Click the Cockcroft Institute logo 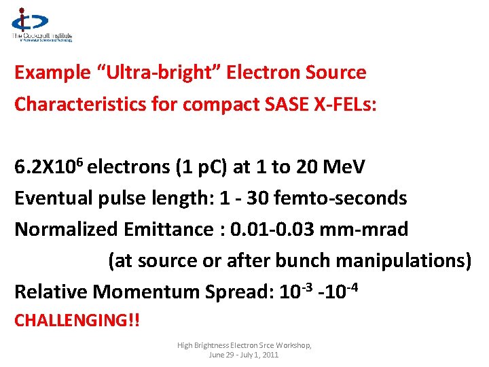pyautogui.click(x=41, y=26)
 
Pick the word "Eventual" pyautogui.click(x=56, y=198)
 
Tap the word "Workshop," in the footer pyautogui.click(x=292, y=346)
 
